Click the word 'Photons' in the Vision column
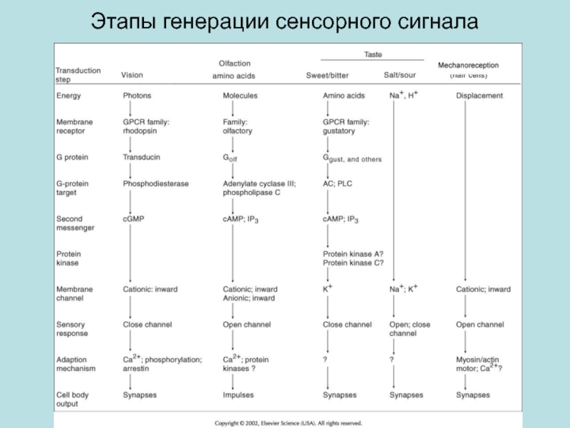(137, 96)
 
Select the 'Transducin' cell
(141, 157)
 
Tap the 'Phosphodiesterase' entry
(155, 184)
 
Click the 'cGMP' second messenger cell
(133, 219)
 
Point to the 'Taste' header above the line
(373, 55)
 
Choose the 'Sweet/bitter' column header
(327, 76)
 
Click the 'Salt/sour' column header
(400, 76)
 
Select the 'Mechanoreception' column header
(468, 66)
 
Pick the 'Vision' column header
(132, 75)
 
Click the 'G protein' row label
(72, 157)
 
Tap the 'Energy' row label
(68, 96)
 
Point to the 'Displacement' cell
(480, 96)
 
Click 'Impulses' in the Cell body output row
(238, 395)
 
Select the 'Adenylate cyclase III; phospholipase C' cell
(259, 188)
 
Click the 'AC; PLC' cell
(337, 184)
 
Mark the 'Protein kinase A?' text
(353, 254)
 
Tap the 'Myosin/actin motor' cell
(479, 364)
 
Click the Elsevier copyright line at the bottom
(289, 423)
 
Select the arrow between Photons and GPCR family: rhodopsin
(130, 109)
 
